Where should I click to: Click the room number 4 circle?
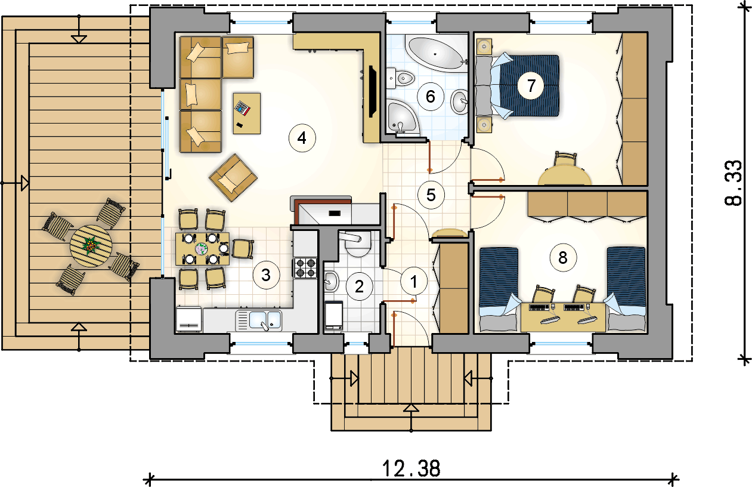[302, 138]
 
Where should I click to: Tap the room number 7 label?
[531, 86]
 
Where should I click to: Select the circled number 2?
[359, 286]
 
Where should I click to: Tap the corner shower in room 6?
[401, 116]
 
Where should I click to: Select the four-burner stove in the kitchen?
[305, 268]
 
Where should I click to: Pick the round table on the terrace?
[91, 246]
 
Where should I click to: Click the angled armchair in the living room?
[233, 178]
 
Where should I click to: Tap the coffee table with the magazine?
[247, 113]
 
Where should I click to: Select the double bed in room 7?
[518, 86]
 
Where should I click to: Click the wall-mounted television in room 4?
[372, 92]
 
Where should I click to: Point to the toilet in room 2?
[358, 245]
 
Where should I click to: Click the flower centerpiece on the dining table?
[202, 249]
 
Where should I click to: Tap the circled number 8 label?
[563, 258]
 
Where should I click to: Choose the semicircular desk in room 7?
[564, 175]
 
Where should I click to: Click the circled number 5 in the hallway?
[431, 195]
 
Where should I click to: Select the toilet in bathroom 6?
[401, 79]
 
